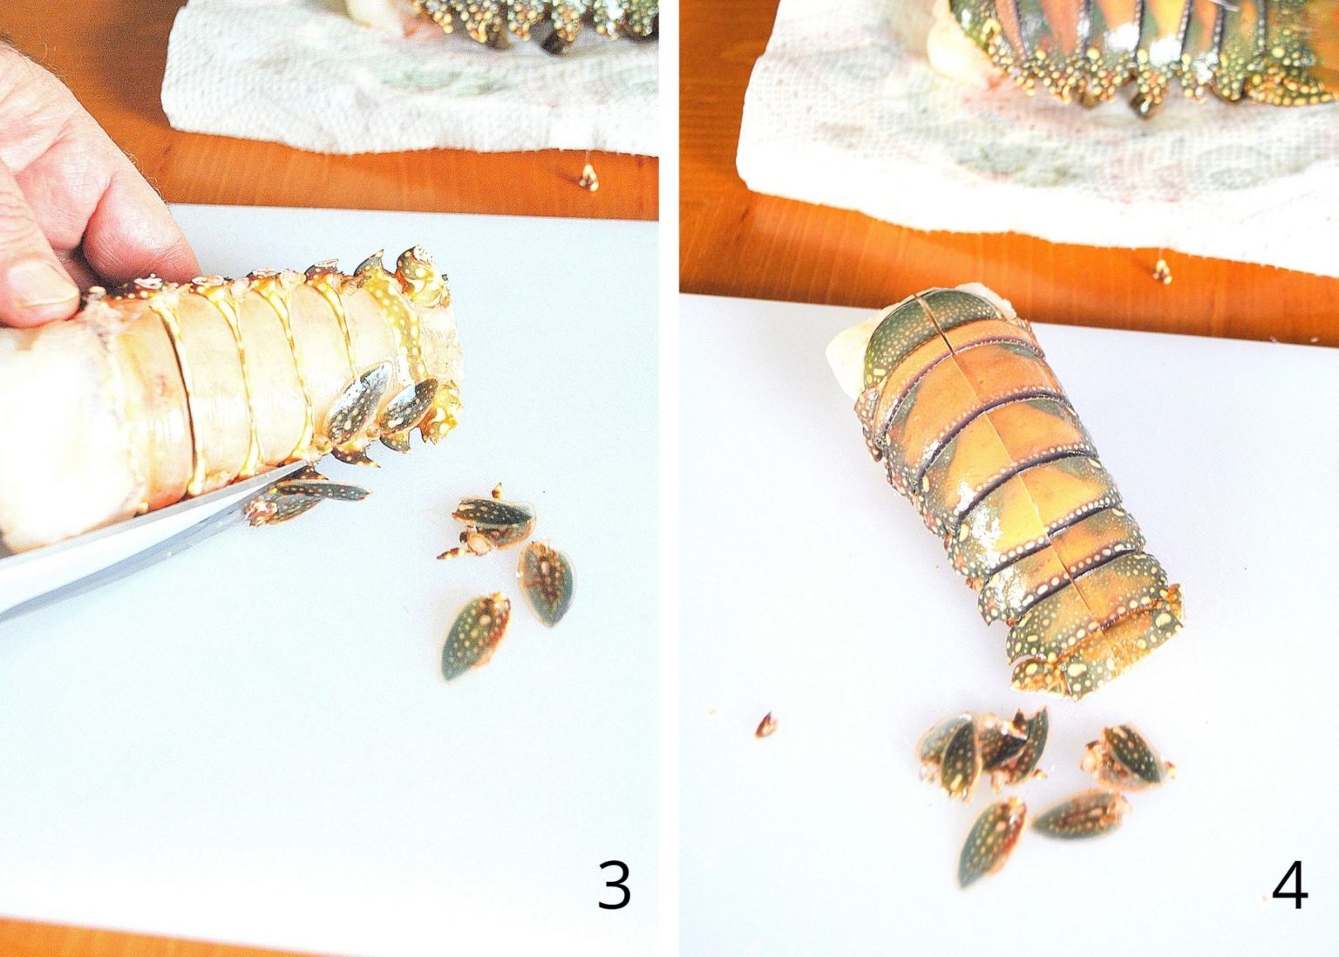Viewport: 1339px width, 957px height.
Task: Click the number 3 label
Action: [x=614, y=885]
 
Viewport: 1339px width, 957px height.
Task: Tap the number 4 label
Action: [x=1289, y=885]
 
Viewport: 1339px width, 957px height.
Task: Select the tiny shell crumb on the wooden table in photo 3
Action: [x=589, y=178]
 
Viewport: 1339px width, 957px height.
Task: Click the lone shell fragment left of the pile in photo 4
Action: [x=765, y=725]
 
